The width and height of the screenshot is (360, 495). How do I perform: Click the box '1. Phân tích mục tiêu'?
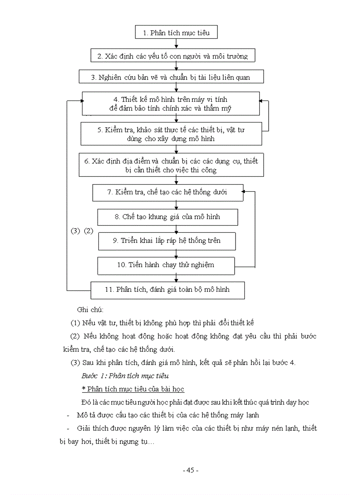176,33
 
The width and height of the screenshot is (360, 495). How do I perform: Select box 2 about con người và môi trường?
176,56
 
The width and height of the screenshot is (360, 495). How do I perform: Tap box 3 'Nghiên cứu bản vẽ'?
171,77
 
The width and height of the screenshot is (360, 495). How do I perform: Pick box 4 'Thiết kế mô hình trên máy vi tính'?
171,103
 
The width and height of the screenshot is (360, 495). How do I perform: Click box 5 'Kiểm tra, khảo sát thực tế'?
171,134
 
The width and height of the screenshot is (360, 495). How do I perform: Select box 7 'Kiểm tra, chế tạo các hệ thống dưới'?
168,192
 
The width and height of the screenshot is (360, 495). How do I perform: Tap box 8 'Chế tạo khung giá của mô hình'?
168,217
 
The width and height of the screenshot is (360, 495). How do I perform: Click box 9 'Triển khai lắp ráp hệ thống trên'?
167,241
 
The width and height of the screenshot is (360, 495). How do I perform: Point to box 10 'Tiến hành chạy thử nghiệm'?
166,265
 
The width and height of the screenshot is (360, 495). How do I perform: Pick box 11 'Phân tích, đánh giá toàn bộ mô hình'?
167,290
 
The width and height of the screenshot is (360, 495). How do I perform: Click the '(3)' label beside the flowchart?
75,231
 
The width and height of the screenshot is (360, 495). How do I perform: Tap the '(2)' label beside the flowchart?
89,231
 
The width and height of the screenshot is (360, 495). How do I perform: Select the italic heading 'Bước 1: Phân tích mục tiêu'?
125,376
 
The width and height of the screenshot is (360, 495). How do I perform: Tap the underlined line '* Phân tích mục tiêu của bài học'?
133,389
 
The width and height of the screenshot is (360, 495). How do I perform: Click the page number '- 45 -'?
191,470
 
